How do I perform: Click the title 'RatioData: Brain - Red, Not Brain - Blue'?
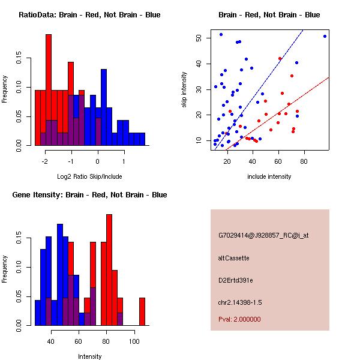click(x=89, y=14)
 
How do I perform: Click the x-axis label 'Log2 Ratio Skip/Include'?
click(x=89, y=176)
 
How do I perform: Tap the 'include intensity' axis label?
click(x=269, y=176)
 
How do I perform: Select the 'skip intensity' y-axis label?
click(x=185, y=90)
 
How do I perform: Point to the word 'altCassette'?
click(x=233, y=258)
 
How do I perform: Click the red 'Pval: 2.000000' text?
click(x=239, y=319)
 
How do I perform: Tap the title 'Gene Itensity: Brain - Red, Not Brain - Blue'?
click(x=89, y=194)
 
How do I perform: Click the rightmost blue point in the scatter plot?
click(x=325, y=36)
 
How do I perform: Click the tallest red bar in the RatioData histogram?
click(x=49, y=90)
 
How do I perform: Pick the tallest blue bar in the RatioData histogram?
click(x=103, y=108)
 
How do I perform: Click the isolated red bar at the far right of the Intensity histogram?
click(x=142, y=311)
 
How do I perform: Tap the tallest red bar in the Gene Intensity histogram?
click(x=109, y=270)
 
